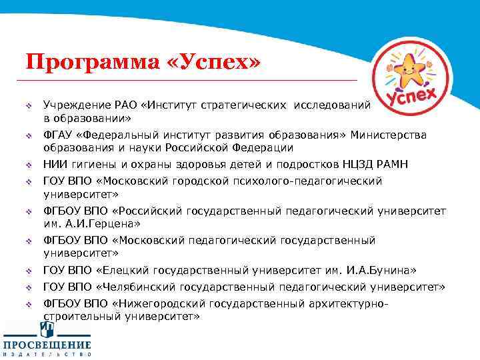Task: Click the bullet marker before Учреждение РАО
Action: point(29,105)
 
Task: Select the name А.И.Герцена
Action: point(93,223)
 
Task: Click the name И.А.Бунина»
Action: point(383,271)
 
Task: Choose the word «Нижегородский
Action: point(158,304)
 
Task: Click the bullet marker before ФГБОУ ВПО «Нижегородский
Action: point(29,304)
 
